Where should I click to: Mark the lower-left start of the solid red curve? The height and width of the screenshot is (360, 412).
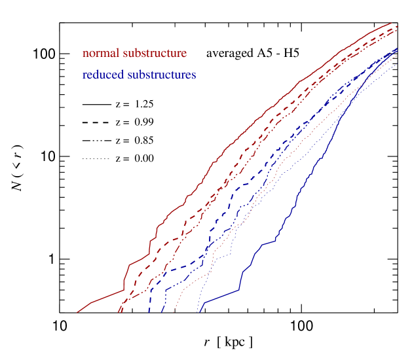pyautogui.click(x=77, y=312)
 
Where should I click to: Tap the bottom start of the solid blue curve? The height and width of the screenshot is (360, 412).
pyautogui.click(x=198, y=312)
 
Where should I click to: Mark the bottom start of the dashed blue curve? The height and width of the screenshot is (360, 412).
pyautogui.click(x=150, y=312)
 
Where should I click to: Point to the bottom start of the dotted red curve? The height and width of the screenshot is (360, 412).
pyautogui.click(x=174, y=312)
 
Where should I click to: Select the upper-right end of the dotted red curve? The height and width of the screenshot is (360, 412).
pyautogui.click(x=398, y=55)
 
